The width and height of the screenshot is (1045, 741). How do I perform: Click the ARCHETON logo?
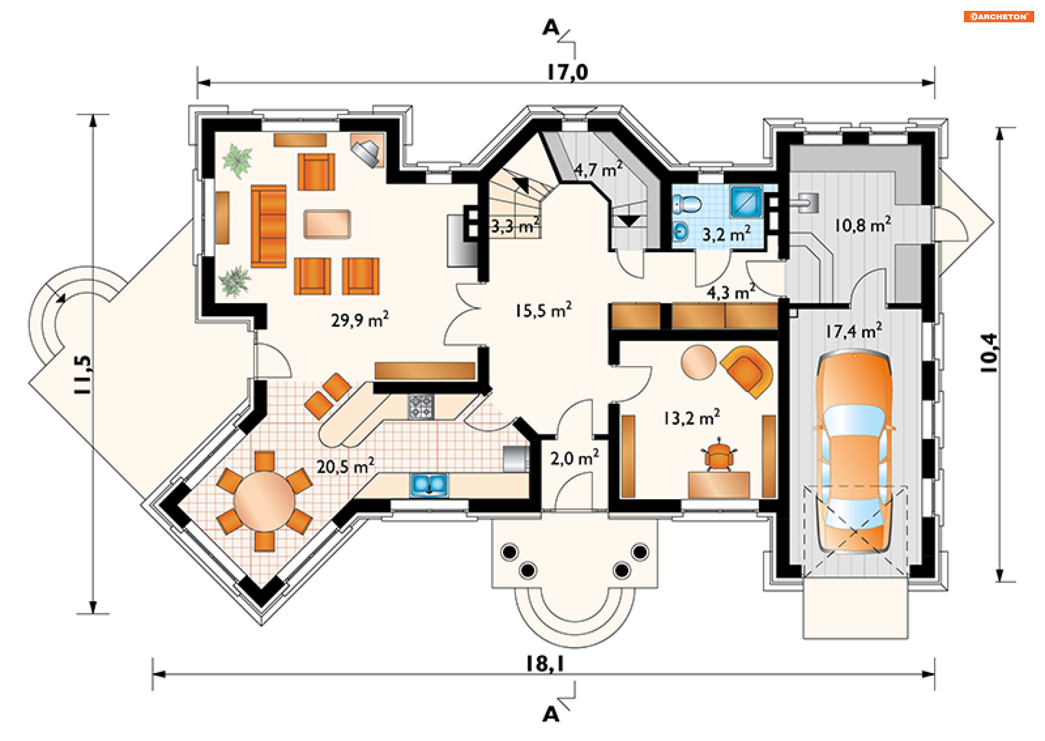click(x=998, y=16)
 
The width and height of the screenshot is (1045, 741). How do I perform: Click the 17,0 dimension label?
click(x=567, y=72)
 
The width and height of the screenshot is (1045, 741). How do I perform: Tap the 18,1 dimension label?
click(x=544, y=664)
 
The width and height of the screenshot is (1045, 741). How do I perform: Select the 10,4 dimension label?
click(x=989, y=353)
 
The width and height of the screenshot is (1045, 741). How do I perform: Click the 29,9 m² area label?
click(x=360, y=319)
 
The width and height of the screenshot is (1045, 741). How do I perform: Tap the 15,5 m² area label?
click(x=543, y=310)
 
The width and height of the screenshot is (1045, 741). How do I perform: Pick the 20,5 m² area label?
click(x=346, y=466)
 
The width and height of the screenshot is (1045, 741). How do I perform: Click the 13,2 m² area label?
click(x=691, y=418)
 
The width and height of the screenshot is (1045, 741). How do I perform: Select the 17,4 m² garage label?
click(x=853, y=330)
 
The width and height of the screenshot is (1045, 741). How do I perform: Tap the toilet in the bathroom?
click(x=687, y=205)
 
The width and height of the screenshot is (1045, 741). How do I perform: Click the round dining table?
click(x=265, y=501)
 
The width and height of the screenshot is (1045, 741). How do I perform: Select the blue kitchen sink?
click(x=429, y=485)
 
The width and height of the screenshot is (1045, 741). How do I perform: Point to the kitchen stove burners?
click(x=421, y=407)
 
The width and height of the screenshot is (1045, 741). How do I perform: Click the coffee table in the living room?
click(x=327, y=224)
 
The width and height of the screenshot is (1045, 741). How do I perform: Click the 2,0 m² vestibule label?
click(x=574, y=458)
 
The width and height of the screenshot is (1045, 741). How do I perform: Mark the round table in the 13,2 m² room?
click(x=698, y=362)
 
